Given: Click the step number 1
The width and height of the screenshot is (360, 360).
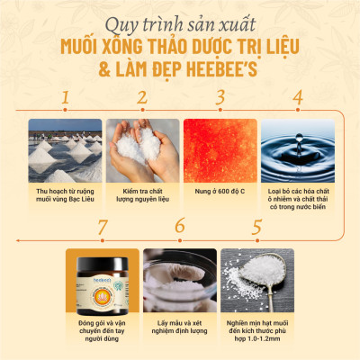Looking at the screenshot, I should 64,97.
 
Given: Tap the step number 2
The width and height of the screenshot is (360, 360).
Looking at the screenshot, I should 141,97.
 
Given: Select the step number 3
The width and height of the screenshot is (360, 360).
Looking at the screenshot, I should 219,97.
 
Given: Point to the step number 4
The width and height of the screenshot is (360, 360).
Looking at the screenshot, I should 297,97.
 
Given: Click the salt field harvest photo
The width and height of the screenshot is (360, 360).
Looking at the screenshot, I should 65,147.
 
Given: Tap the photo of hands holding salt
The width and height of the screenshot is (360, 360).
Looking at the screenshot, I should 142,147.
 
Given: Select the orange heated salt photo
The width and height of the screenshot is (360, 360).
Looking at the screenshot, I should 220,147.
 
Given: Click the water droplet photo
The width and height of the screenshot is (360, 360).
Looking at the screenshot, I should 297,147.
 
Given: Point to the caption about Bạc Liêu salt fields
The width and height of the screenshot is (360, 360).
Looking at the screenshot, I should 65,195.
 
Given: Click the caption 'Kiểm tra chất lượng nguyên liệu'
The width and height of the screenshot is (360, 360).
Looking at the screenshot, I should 142,195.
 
